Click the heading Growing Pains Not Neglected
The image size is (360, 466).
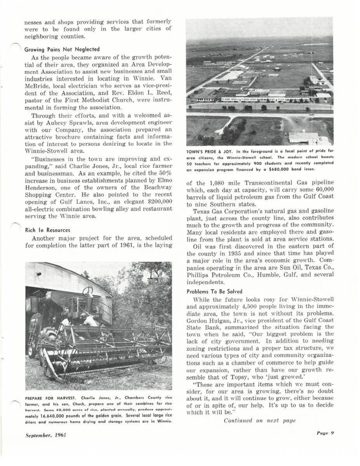click(x=62, y=49)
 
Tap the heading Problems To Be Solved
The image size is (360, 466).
click(x=214, y=291)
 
